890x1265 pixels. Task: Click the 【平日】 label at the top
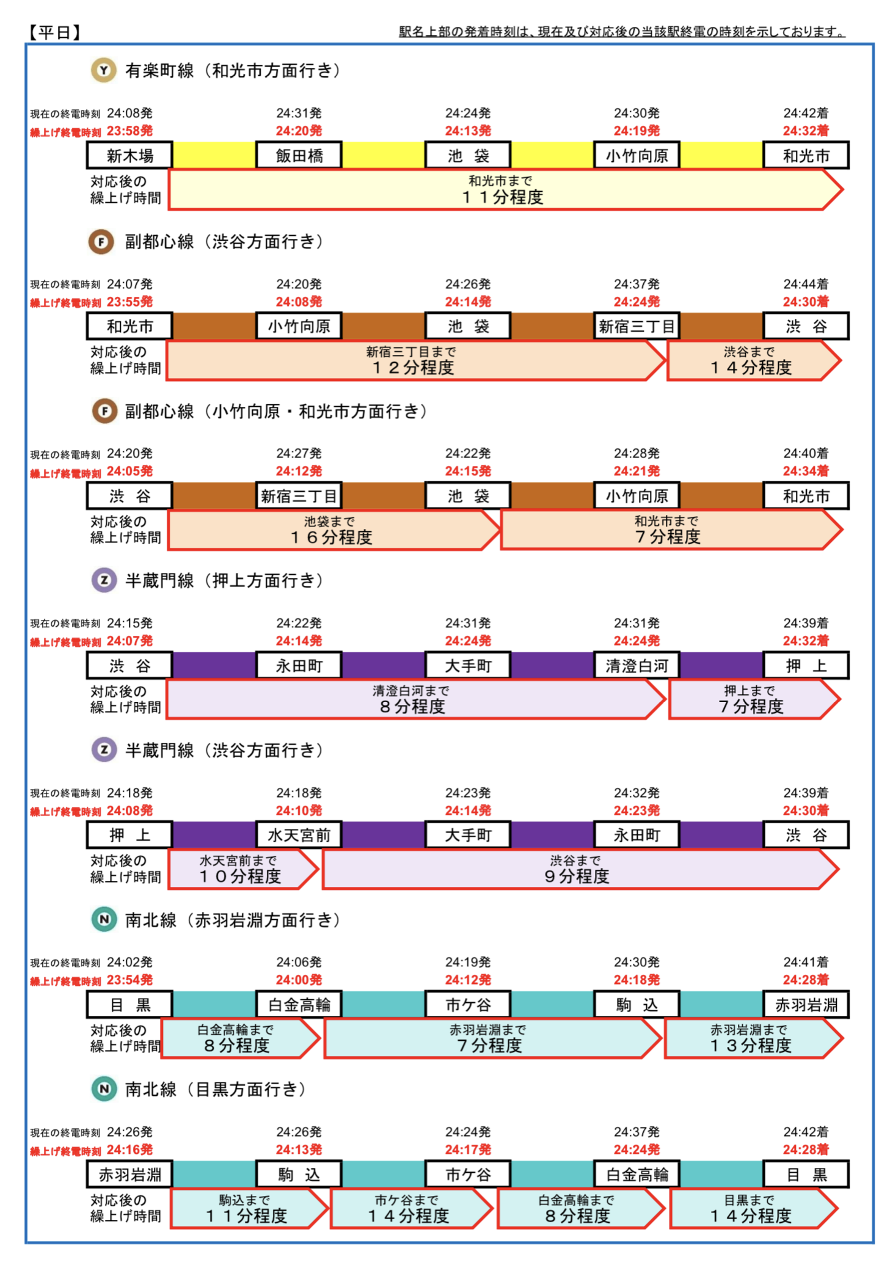click(55, 32)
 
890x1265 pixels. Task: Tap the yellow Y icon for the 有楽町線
click(104, 70)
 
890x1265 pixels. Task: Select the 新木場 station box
click(129, 155)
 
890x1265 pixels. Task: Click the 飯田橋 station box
click(299, 155)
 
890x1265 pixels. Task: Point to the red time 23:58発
click(129, 131)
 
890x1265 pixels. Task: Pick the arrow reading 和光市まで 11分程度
click(505, 190)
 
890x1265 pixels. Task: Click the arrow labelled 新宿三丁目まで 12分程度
click(415, 360)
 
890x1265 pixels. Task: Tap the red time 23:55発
click(129, 302)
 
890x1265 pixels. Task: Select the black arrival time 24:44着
click(806, 284)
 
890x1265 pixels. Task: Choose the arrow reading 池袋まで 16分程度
click(334, 530)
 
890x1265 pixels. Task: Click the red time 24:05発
click(129, 471)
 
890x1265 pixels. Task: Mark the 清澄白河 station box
click(636, 665)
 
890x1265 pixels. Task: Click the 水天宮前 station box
click(299, 834)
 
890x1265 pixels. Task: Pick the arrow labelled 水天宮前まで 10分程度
click(243, 869)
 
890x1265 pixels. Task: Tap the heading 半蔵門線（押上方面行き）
click(224, 580)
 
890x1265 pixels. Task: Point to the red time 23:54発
click(129, 980)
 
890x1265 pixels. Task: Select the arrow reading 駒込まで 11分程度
click(249, 1208)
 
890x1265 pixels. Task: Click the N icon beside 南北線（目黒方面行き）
click(104, 1088)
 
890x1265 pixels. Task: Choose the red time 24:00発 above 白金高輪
click(299, 980)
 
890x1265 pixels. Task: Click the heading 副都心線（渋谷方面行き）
click(224, 241)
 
